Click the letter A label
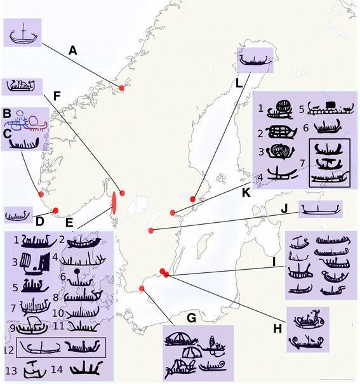tap(73, 51)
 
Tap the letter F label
tap(57, 96)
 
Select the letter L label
tap(239, 84)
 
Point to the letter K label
tap(246, 193)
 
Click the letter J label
tap(284, 209)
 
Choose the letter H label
tap(277, 329)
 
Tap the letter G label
tap(191, 318)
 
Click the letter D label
tap(39, 222)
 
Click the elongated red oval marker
tap(114, 203)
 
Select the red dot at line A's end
tap(122, 88)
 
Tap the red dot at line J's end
tap(151, 230)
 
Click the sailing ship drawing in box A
tap(23, 34)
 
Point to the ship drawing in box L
tap(255, 60)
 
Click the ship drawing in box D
tap(17, 216)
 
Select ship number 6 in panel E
tap(79, 279)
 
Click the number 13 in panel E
tap(11, 371)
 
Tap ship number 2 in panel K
tap(281, 132)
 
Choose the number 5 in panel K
tap(302, 109)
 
